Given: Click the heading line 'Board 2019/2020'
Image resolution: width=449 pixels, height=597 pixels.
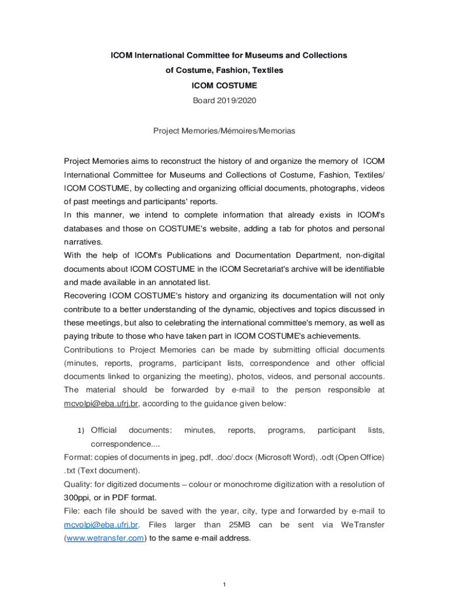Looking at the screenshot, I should click(x=224, y=100).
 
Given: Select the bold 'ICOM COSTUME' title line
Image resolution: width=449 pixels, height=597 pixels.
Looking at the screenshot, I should click(x=224, y=85).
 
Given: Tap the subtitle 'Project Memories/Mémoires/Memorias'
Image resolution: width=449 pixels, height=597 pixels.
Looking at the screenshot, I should click(x=224, y=131).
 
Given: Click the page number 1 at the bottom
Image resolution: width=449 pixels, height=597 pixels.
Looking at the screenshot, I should click(x=224, y=584).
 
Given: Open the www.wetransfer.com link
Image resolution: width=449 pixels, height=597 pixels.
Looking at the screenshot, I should click(x=105, y=538).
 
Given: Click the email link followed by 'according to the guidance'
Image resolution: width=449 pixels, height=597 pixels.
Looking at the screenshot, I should click(x=101, y=403).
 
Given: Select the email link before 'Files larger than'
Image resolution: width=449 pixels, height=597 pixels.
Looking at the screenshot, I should click(x=101, y=525).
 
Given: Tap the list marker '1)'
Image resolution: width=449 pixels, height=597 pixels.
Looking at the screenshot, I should click(x=81, y=431).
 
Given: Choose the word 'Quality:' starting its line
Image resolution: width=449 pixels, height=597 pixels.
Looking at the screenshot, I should click(x=78, y=484).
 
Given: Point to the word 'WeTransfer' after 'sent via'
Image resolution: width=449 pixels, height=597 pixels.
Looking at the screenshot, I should click(x=362, y=525).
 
